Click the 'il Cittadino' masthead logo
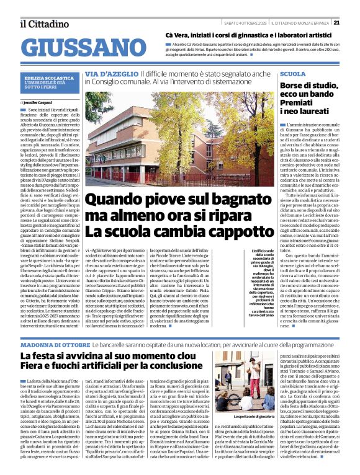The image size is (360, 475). click(x=40, y=24)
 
